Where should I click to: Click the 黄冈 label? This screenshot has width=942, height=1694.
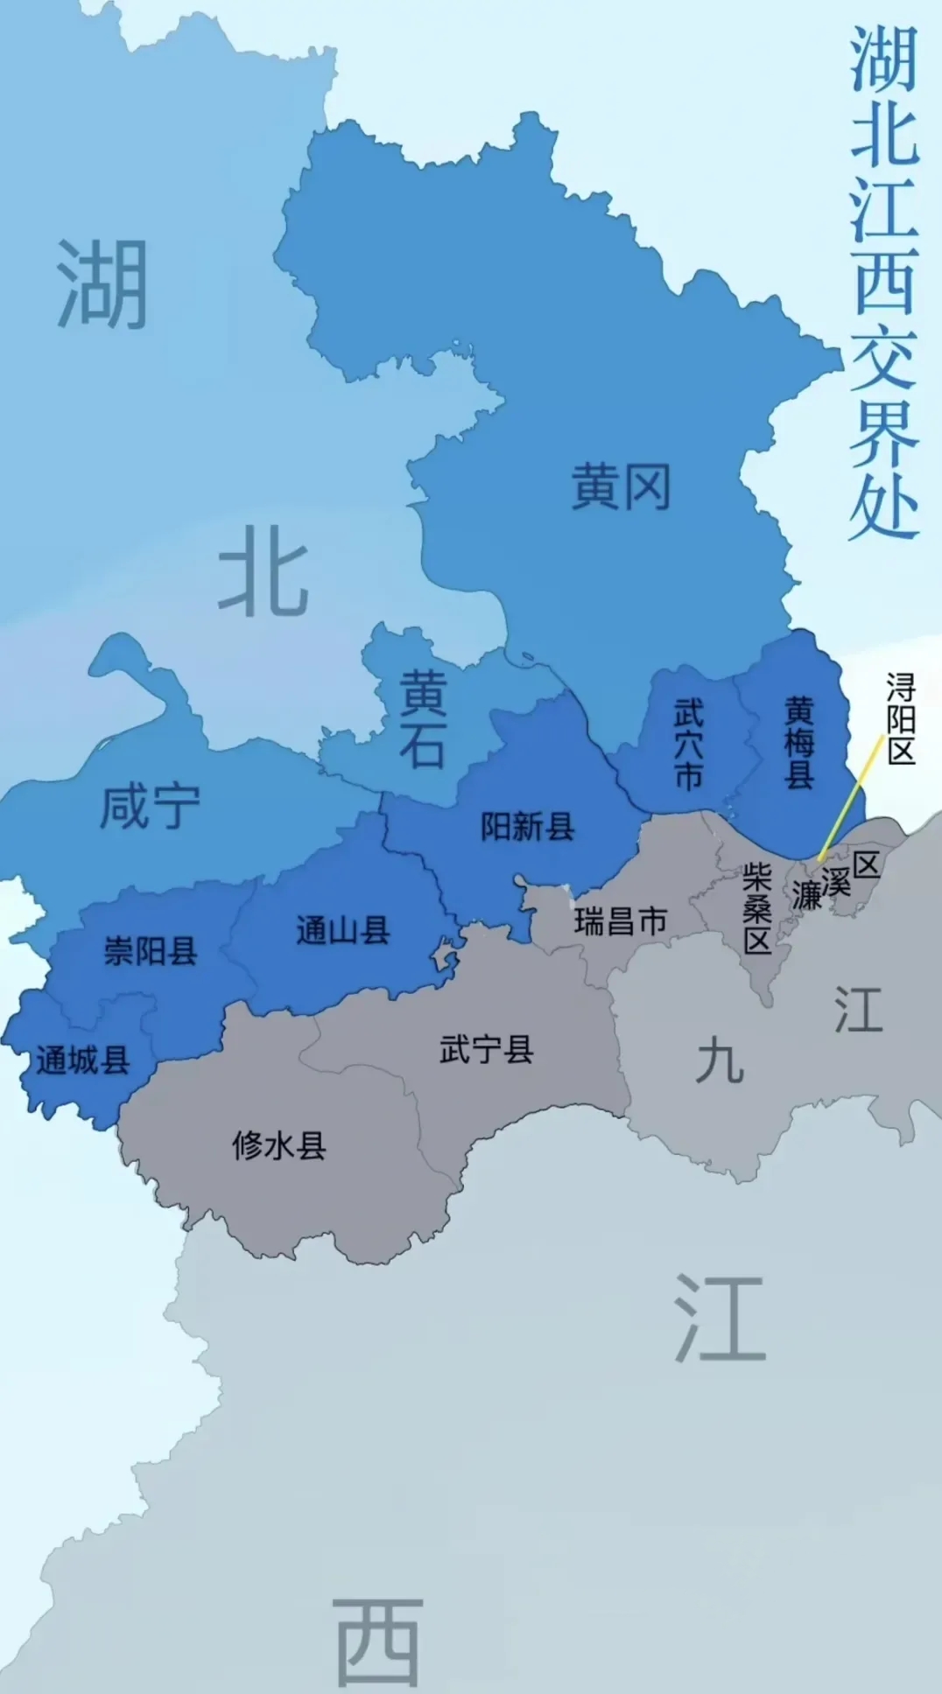pos(621,487)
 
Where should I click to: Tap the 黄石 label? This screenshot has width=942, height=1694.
pos(424,719)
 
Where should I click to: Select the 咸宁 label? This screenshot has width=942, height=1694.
pos(150,807)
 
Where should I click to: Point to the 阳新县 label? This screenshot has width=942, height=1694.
pos(527,827)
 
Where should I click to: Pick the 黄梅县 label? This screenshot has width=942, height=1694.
pos(798,743)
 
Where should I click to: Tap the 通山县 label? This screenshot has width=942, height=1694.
pos(342,930)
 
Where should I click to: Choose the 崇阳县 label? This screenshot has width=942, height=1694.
pos(150,951)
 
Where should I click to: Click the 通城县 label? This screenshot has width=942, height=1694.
pos(83,1061)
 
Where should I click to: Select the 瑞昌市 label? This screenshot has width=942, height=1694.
pos(621,921)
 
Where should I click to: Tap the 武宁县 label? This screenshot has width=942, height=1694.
pos(486,1049)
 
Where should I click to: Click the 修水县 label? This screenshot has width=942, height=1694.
pos(278,1145)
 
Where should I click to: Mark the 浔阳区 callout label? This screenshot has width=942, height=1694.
pos(901,719)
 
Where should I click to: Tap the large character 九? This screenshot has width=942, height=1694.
pos(720,1061)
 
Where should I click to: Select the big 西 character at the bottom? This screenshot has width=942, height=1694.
pos(378,1643)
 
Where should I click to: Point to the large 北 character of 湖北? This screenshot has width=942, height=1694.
pos(263,570)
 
